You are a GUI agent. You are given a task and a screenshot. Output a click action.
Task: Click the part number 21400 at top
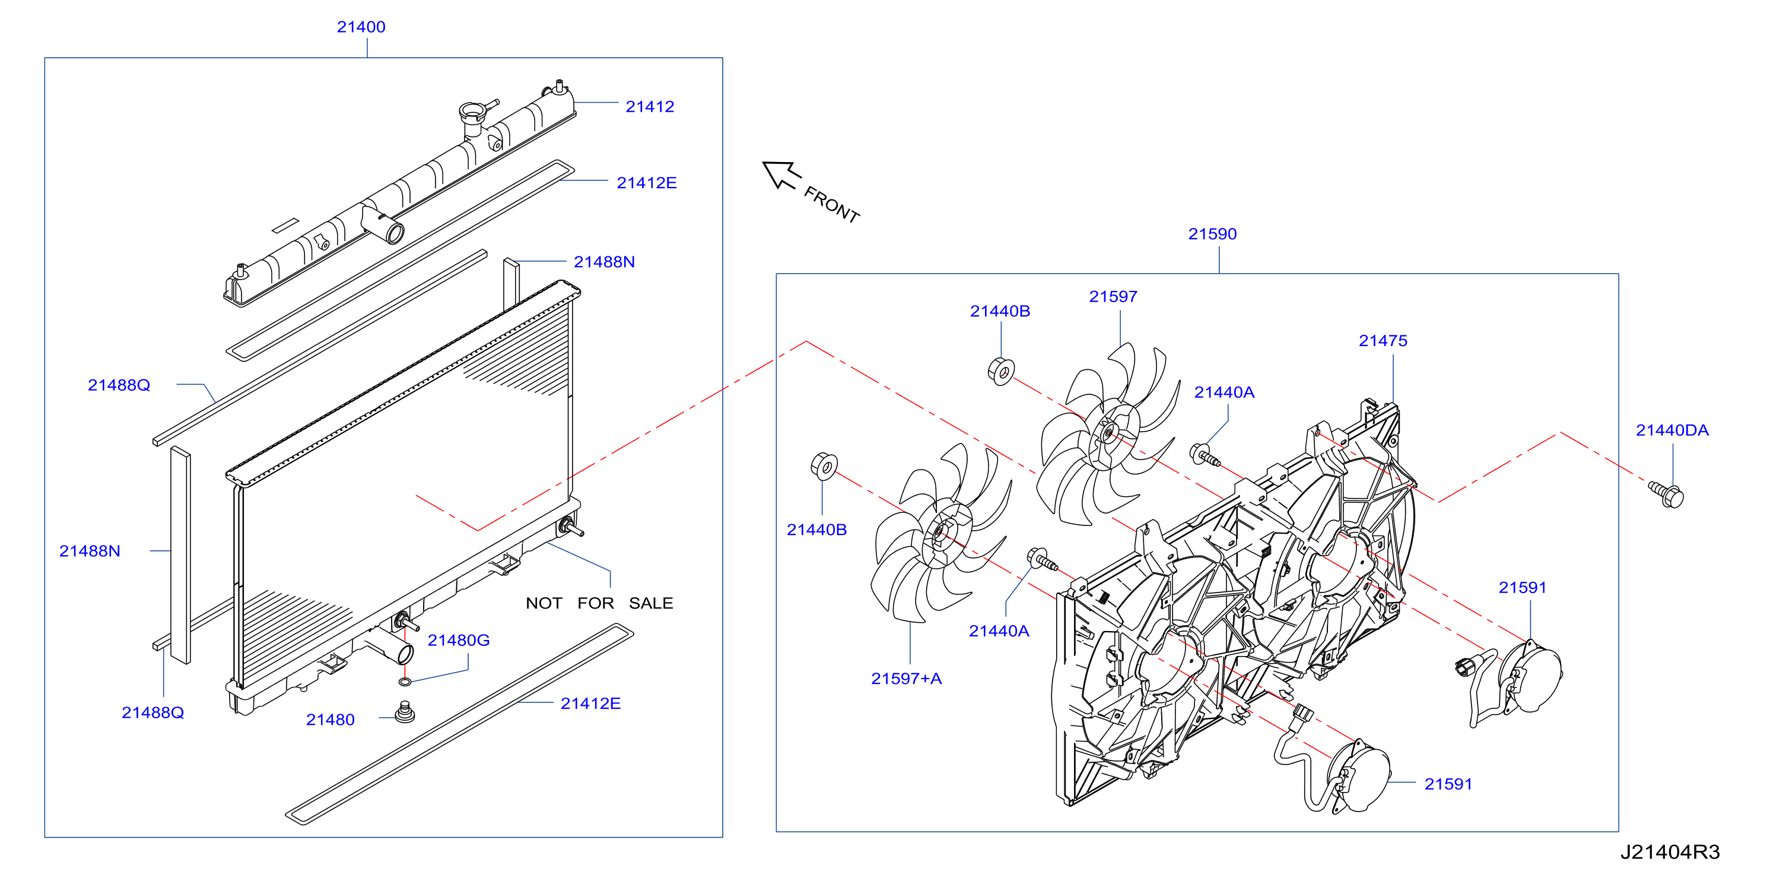(x=361, y=27)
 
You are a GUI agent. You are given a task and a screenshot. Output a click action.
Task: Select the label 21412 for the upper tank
(x=650, y=107)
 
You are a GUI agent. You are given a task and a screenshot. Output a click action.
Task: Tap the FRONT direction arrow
(x=781, y=175)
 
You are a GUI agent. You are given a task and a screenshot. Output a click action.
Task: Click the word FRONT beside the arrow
(x=832, y=204)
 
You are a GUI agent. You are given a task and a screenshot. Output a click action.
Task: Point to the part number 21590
(x=1213, y=234)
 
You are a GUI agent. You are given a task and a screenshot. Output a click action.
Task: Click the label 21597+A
(x=906, y=679)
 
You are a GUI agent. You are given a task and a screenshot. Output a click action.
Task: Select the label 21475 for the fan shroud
(x=1383, y=341)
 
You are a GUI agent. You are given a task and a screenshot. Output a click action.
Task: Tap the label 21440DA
(x=1672, y=431)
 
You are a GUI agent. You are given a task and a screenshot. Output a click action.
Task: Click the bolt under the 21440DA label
(x=1667, y=495)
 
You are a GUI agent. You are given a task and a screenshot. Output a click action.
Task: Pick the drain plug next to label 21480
(x=404, y=713)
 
